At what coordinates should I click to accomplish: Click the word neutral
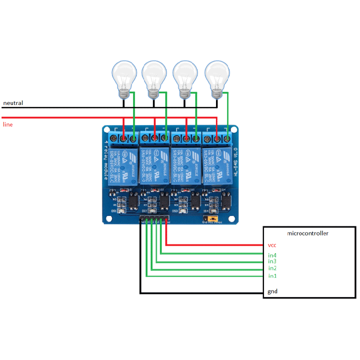pyautogui.click(x=13, y=103)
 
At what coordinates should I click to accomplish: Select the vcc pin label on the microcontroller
pyautogui.click(x=272, y=245)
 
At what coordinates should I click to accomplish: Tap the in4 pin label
pyautogui.click(x=272, y=255)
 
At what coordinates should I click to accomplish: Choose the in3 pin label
pyautogui.click(x=272, y=261)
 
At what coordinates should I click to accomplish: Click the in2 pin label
pyautogui.click(x=272, y=268)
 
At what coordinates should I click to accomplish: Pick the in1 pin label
pyautogui.click(x=272, y=276)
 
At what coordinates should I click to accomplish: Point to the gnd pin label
pyautogui.click(x=272, y=291)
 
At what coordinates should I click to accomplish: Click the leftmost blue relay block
pyautogui.click(x=123, y=164)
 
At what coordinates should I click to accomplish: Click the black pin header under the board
pyautogui.click(x=153, y=220)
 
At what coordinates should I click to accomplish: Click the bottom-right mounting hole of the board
pyautogui.click(x=231, y=218)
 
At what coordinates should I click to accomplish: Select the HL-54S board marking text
pyautogui.click(x=235, y=160)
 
